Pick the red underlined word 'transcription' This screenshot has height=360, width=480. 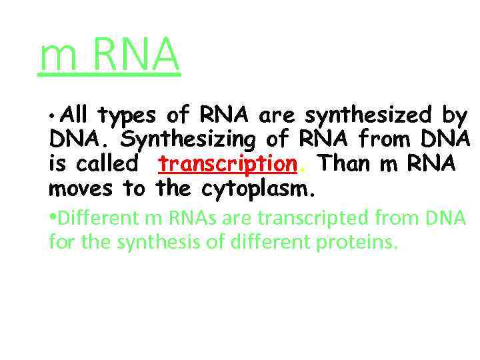point(227,164)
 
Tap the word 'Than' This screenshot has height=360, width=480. point(347,164)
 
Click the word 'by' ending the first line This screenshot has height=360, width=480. point(455,117)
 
